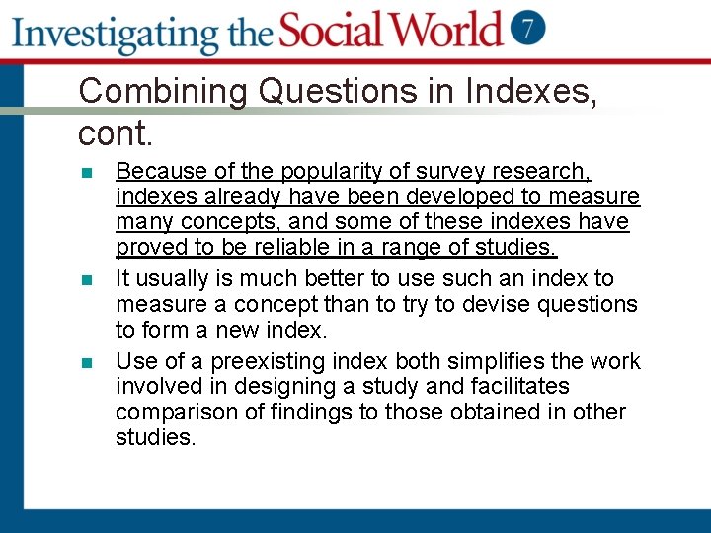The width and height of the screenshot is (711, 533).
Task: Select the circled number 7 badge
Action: click(x=529, y=28)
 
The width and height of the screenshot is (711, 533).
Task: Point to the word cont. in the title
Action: click(x=114, y=130)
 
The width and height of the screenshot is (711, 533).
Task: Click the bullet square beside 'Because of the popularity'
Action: click(x=87, y=174)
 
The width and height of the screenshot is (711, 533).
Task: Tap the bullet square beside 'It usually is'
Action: click(x=87, y=281)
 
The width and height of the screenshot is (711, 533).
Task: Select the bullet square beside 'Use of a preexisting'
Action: click(x=87, y=363)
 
